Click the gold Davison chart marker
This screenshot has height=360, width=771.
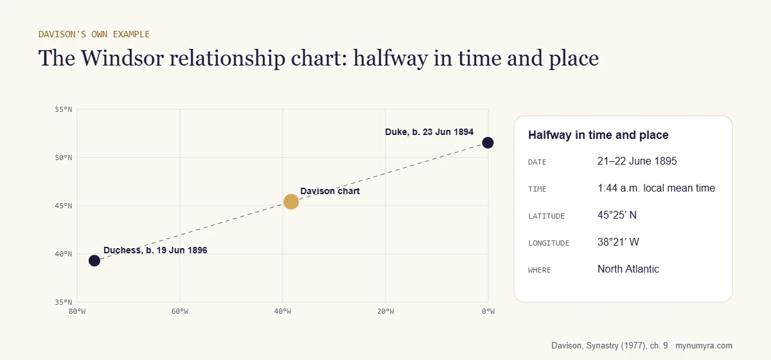coord(291,201)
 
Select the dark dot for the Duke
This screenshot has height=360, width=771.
coord(488,143)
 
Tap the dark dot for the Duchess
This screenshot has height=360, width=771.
coord(94,260)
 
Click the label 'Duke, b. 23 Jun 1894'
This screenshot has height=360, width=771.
coord(429,132)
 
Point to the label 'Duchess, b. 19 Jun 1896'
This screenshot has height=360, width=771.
coord(155,250)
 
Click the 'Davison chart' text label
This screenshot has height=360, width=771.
coord(330,191)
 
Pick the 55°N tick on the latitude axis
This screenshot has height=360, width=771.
coord(64,109)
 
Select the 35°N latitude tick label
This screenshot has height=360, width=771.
coord(64,302)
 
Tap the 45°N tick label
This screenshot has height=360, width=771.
coord(64,206)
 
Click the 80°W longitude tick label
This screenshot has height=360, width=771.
coord(77,311)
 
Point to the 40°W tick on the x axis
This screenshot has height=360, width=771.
coord(283,311)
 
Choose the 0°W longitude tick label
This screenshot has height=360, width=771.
coord(488,311)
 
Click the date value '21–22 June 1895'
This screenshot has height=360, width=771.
coord(637,161)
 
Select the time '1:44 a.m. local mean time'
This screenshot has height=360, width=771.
coord(656,188)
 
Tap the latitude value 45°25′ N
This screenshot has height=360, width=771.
coord(617,215)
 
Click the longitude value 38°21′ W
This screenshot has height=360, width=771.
coord(618,242)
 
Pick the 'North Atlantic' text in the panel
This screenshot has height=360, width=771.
coord(628,269)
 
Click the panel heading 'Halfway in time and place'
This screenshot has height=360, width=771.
coord(598,135)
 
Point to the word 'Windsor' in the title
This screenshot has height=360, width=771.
coord(122,58)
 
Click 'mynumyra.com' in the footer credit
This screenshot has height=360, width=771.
coord(704,345)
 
